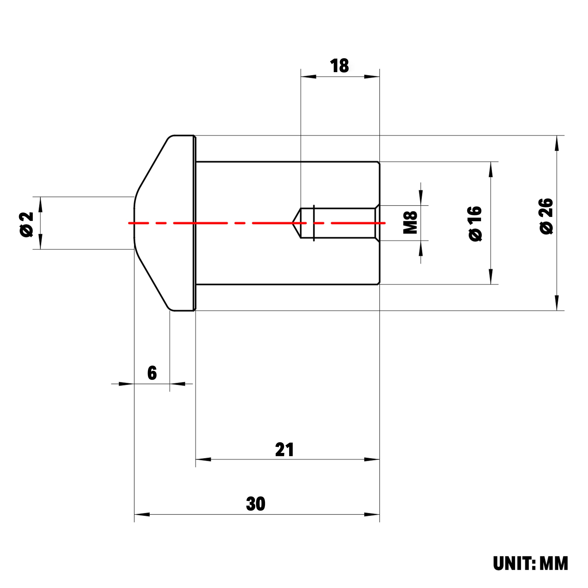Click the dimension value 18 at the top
339,66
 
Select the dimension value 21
284,450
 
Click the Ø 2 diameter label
26,224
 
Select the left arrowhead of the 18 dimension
308,76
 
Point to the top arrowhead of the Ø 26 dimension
557,143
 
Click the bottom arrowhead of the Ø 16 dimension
491,277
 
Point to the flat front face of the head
134,223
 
